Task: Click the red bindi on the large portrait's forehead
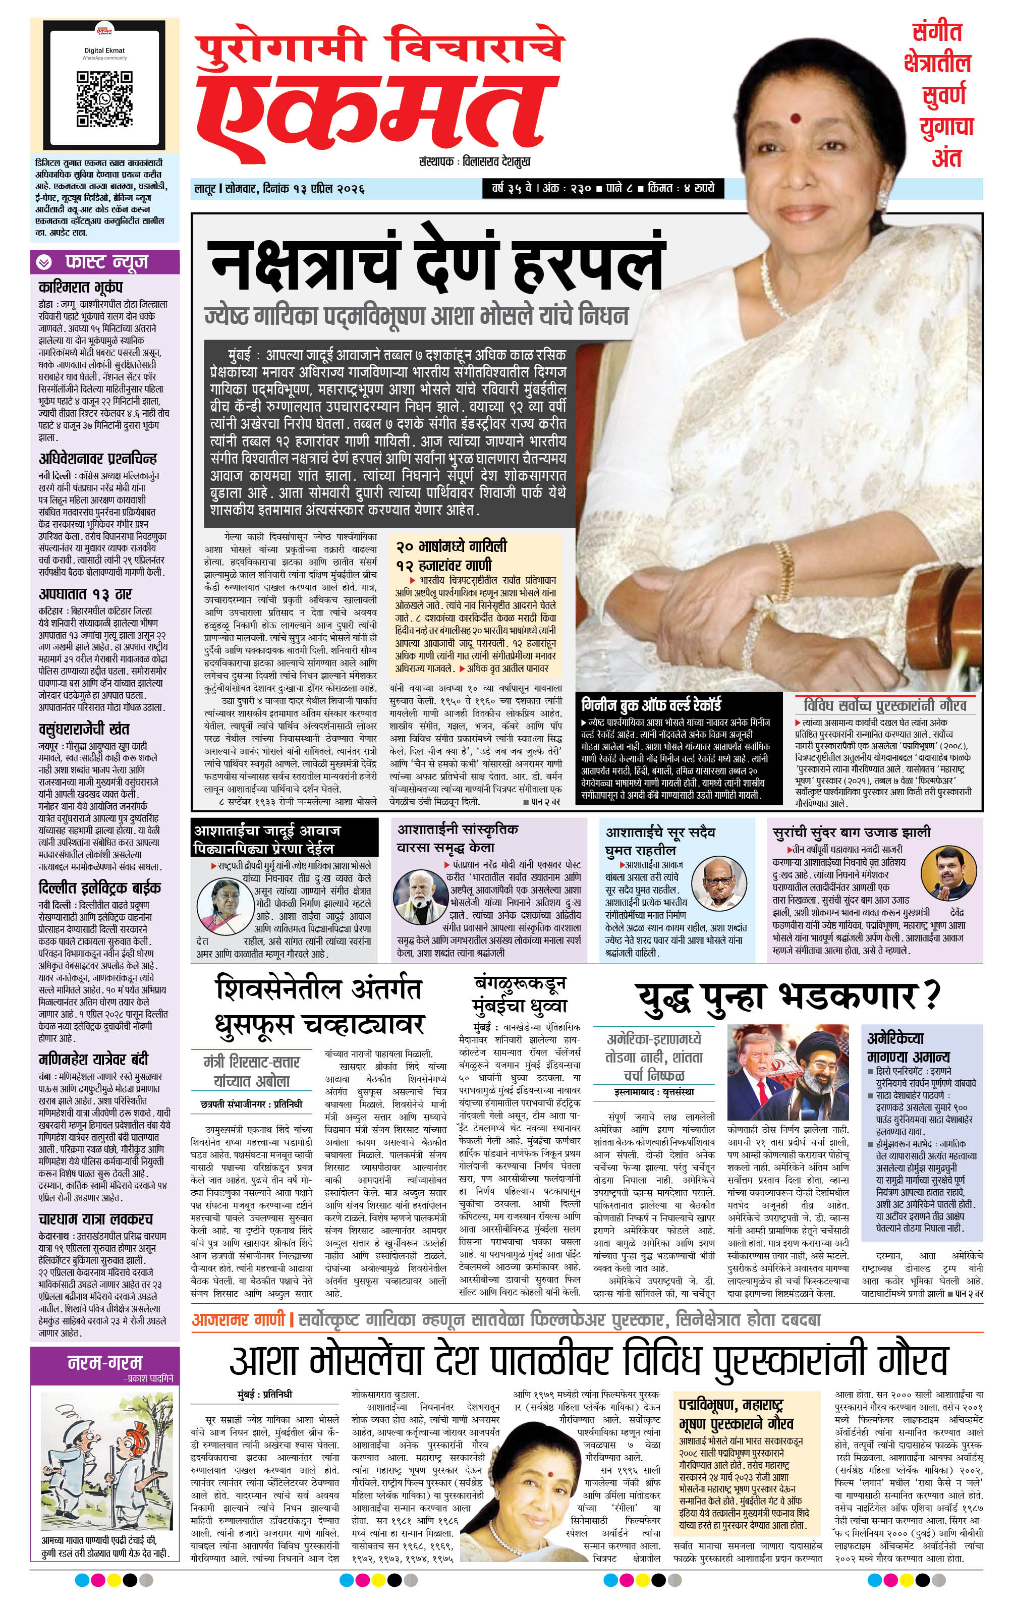click(795, 119)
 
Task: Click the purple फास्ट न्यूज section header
click(105, 262)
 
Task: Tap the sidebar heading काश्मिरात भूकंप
click(81, 287)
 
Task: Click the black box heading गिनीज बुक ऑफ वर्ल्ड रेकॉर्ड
click(651, 704)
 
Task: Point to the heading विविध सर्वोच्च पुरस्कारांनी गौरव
click(885, 705)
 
